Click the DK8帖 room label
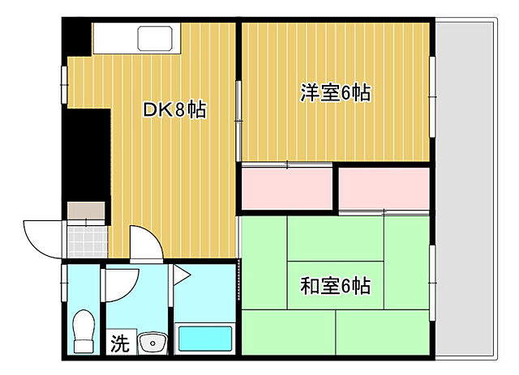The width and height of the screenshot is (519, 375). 174,110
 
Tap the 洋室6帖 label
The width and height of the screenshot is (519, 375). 335,93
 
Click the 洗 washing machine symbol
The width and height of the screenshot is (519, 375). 118,343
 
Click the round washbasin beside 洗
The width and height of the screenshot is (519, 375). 151,343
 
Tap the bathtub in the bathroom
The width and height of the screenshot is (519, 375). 205,339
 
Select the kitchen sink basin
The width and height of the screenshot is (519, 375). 154,38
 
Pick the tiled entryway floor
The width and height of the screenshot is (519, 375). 86,241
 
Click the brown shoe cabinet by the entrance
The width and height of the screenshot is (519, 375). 86,211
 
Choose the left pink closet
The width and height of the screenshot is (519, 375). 287,188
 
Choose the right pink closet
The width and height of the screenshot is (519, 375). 384,187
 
